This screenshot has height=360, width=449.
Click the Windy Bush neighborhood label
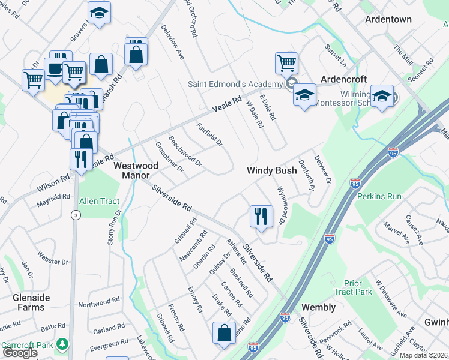coord(272,170)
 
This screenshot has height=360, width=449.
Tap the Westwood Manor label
coord(136,170)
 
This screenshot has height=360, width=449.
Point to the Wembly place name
coord(318,307)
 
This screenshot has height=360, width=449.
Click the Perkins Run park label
coord(379,196)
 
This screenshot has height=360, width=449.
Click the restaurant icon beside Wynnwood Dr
coord(261,216)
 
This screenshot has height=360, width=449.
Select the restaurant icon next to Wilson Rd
coord(79,160)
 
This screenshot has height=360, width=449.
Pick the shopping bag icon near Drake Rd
coord(224,333)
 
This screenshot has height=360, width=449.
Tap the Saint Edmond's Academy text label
coord(235,83)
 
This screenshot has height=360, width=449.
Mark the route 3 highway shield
coord(75,214)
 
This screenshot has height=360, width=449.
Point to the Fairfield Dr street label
coord(209,135)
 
